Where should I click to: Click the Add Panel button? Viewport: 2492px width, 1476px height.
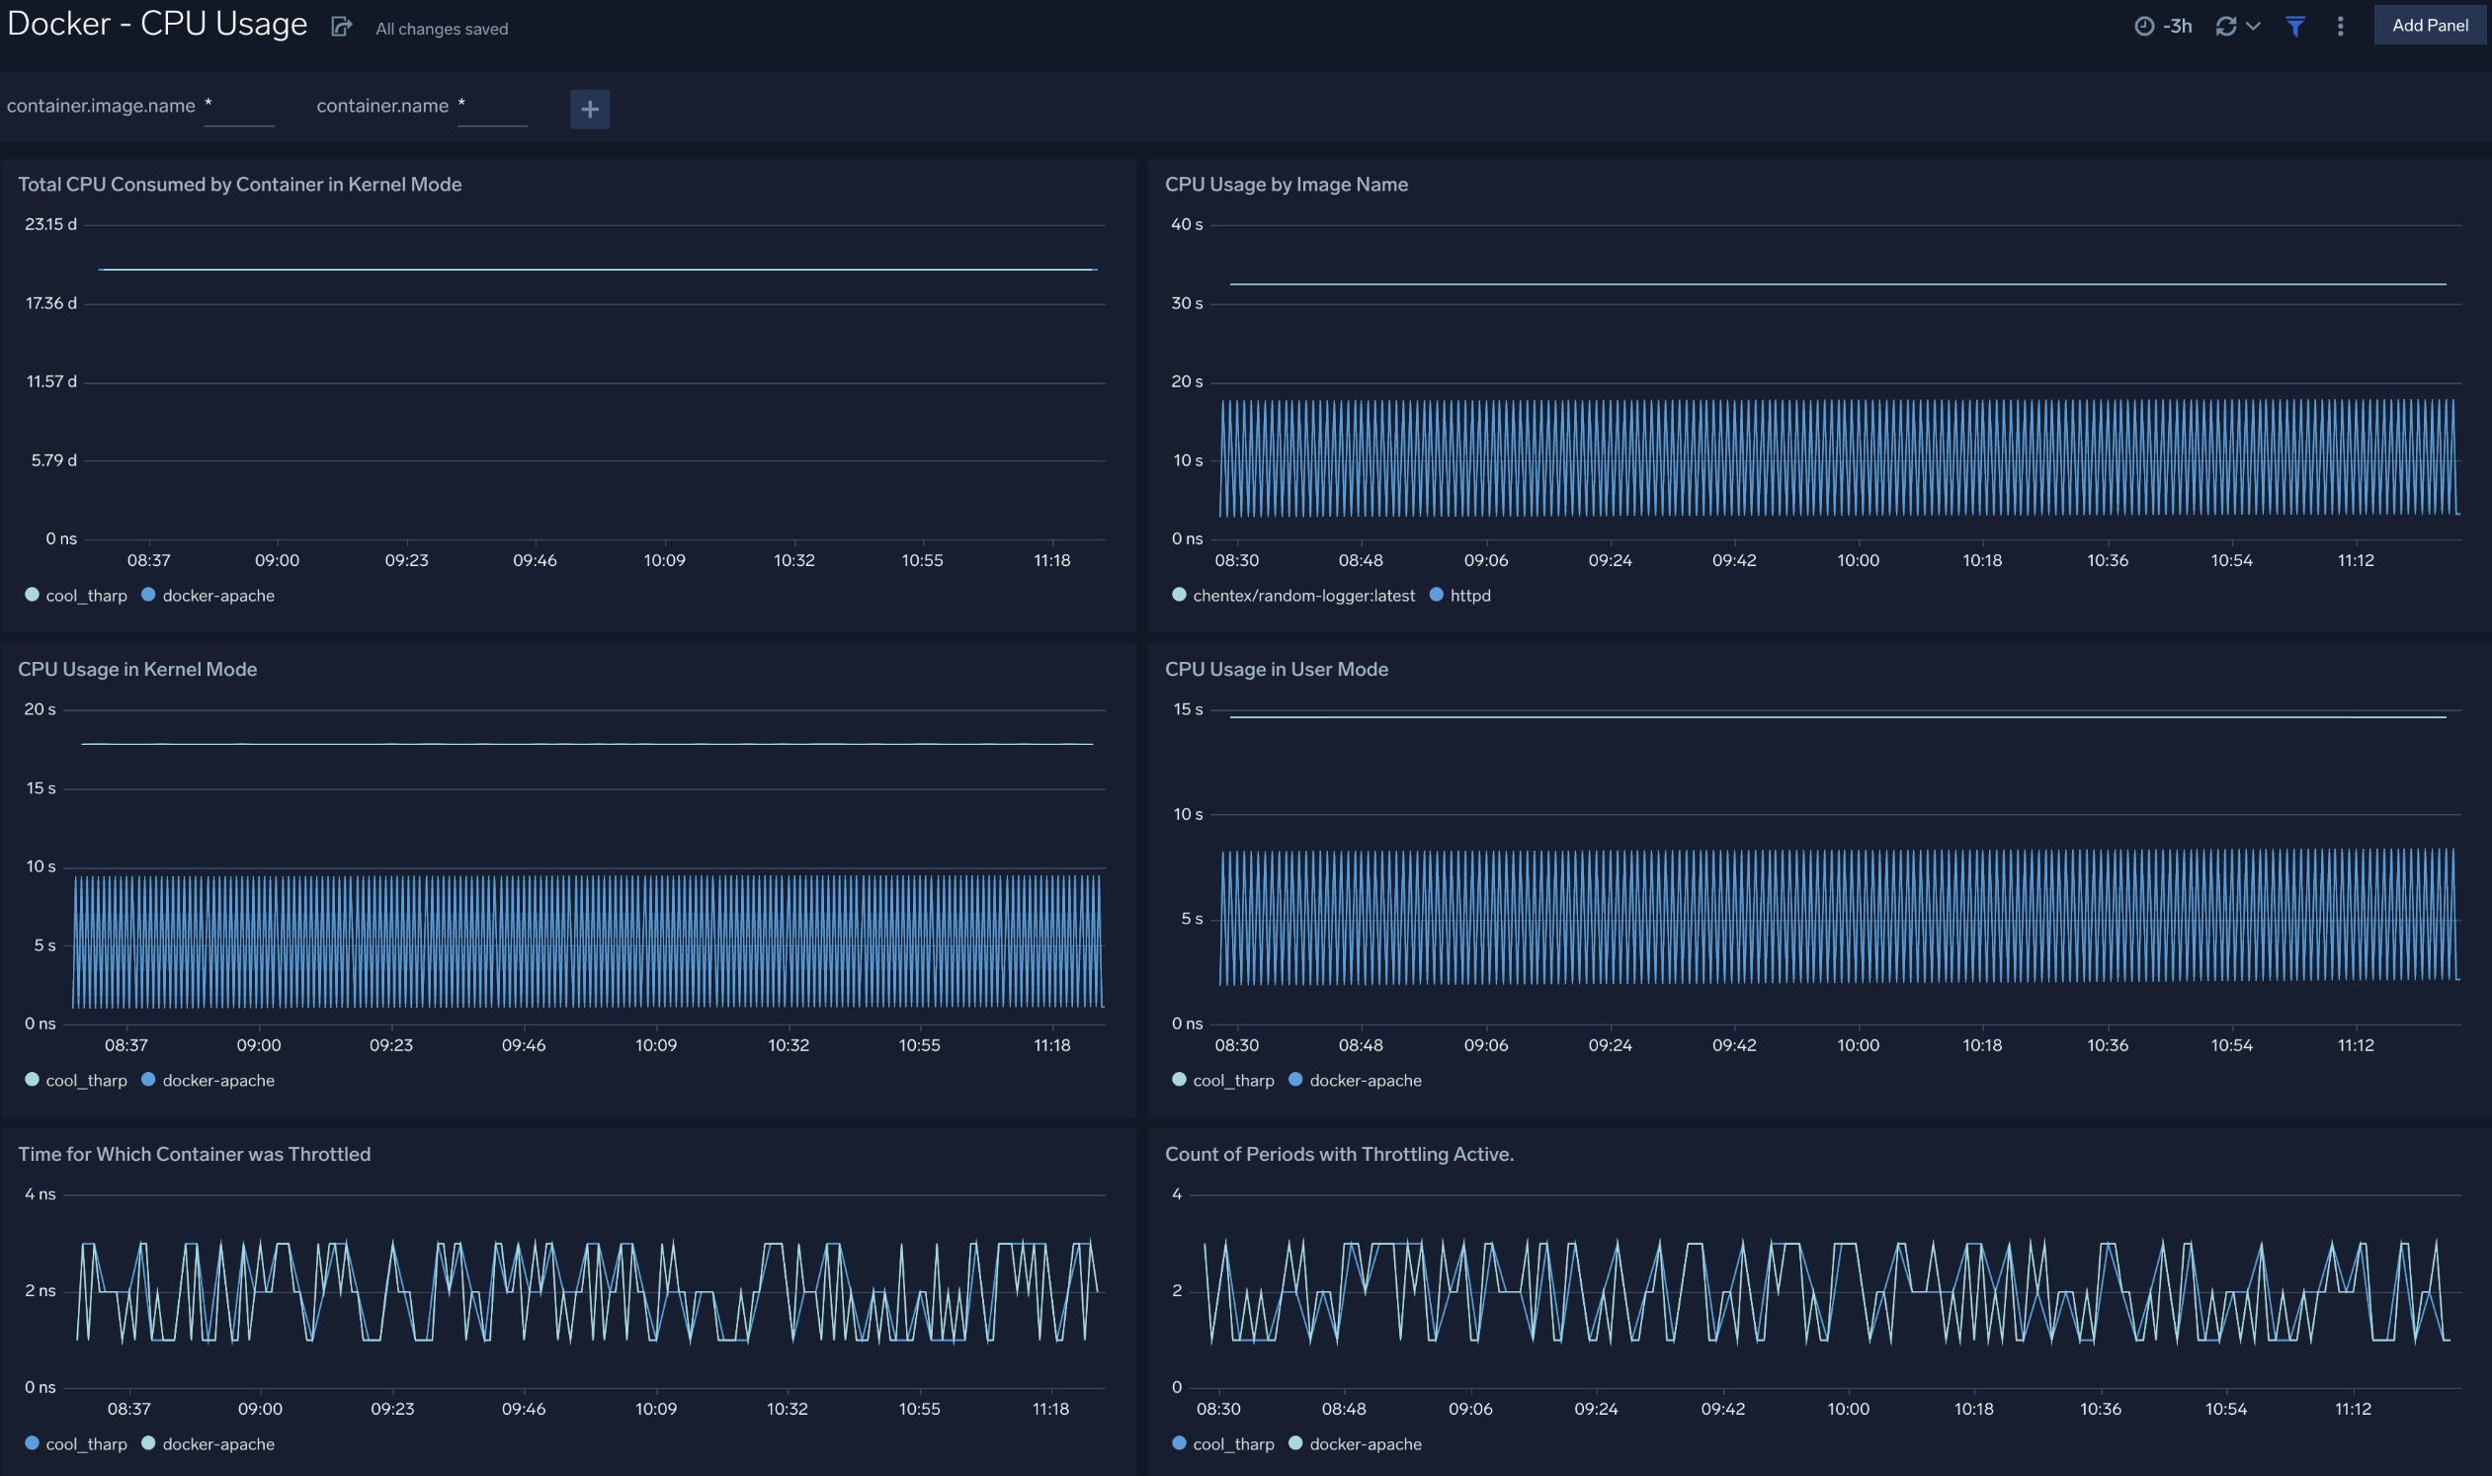tap(2429, 25)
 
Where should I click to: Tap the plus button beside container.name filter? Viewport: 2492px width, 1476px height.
tap(590, 109)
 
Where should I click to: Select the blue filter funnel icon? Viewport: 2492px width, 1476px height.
tap(2295, 26)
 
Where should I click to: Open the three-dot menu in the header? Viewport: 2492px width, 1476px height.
tap(2340, 26)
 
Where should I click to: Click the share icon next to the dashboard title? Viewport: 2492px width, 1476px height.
tap(341, 27)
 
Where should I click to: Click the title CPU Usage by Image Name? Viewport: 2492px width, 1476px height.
tap(1286, 184)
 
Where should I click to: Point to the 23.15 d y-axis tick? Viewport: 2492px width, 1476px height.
tap(50, 225)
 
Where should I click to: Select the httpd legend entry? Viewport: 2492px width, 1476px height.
tap(1469, 596)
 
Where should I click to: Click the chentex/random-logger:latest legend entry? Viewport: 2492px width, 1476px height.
tap(1302, 596)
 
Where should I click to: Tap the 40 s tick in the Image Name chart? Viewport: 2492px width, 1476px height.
tap(1186, 225)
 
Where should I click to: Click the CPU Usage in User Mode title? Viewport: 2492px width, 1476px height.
tap(1276, 670)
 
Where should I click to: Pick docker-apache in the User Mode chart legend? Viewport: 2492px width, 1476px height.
tap(1364, 1080)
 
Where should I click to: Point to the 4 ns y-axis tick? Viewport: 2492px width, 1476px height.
tap(40, 1193)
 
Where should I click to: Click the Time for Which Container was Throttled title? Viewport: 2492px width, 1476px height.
tap(194, 1154)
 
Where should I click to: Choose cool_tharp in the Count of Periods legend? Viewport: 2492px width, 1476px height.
tap(1232, 1444)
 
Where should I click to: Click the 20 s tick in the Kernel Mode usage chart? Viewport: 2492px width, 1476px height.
tap(40, 709)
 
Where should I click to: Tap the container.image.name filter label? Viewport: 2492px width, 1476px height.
tap(101, 106)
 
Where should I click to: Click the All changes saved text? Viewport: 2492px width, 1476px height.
tap(442, 29)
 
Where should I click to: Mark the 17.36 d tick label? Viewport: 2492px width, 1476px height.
tap(50, 303)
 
